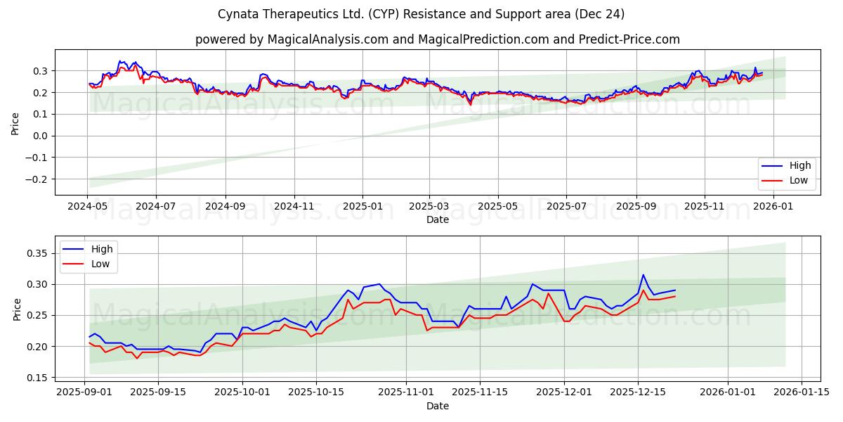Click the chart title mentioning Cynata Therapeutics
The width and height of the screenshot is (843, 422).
421,14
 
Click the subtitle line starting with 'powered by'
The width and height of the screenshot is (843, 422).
437,39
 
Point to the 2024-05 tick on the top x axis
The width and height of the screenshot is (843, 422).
87,207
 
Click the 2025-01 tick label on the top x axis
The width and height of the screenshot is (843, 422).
362,207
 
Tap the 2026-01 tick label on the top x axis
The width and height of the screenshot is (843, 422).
773,207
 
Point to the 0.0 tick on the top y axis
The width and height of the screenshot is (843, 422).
41,136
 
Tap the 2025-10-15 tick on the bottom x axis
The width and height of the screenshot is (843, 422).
315,392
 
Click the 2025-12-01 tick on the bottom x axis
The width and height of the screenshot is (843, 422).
564,392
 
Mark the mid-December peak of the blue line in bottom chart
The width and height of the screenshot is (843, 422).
643,275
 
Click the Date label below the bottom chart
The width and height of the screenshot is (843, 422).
437,406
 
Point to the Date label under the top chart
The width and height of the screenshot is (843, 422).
437,220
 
